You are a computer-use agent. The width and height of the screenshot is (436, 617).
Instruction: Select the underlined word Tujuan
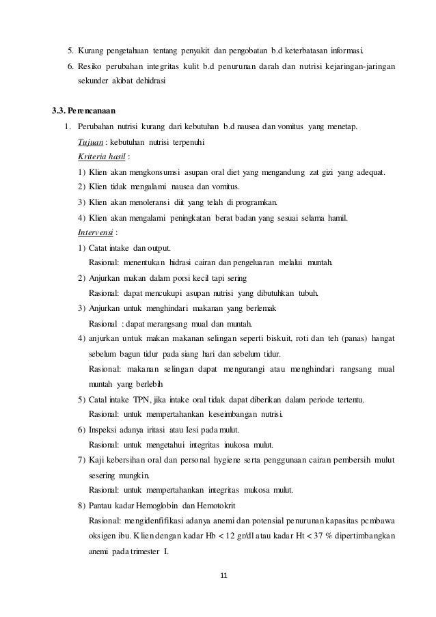point(91,141)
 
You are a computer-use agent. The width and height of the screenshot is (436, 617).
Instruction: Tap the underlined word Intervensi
point(96,231)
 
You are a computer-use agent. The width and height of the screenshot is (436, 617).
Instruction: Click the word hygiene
point(219,458)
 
